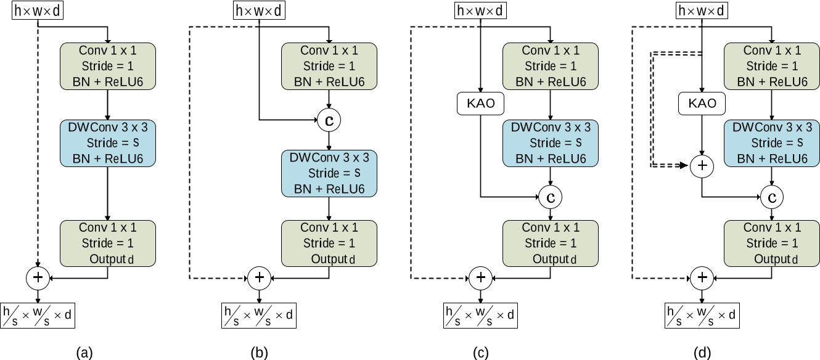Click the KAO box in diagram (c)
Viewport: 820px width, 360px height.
click(480, 104)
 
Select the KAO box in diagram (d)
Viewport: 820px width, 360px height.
click(702, 104)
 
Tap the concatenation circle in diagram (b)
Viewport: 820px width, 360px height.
click(329, 120)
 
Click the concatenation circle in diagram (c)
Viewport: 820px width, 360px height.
click(550, 197)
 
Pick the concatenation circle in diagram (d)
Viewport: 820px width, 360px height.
click(772, 197)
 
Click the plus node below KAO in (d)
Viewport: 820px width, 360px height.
click(702, 166)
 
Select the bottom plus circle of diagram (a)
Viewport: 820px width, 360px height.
click(38, 278)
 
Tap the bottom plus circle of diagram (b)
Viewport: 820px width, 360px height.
click(259, 278)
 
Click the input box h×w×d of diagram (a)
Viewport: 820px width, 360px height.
click(38, 10)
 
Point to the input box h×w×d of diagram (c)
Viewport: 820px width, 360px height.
click(480, 10)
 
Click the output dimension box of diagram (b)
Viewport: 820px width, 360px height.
click(259, 316)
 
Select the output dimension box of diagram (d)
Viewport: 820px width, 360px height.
click(702, 316)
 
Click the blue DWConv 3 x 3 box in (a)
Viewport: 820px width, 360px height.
click(108, 143)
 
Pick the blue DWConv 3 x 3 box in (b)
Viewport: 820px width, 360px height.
click(329, 173)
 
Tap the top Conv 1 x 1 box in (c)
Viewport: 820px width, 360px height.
click(550, 66)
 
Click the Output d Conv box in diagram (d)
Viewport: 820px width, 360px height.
click(772, 243)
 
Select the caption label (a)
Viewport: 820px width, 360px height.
click(84, 353)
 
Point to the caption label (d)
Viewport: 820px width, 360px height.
click(702, 353)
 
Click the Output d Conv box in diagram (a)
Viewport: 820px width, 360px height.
click(108, 243)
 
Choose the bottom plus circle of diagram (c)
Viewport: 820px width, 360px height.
click(480, 278)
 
